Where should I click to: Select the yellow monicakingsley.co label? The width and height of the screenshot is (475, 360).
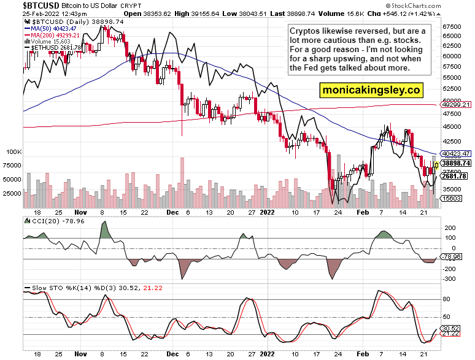(371, 90)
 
